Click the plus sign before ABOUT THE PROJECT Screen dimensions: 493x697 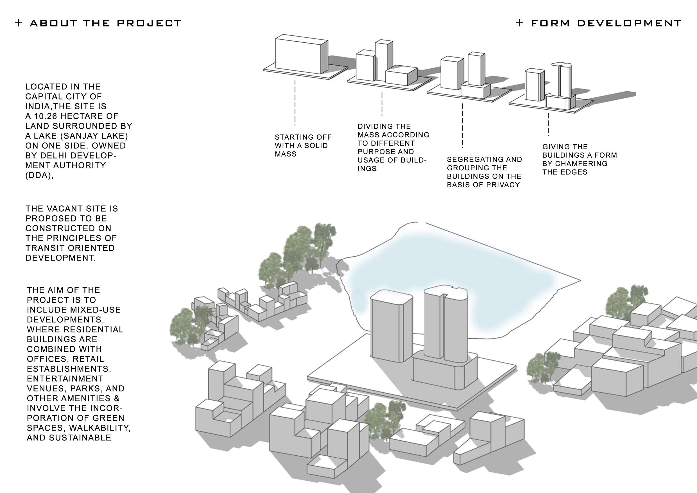pyautogui.click(x=19, y=23)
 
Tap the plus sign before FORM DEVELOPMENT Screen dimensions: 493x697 pyautogui.click(x=519, y=23)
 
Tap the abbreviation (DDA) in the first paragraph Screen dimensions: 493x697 pyautogui.click(x=39, y=175)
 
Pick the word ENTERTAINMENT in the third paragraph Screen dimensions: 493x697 pyautogui.click(x=65, y=379)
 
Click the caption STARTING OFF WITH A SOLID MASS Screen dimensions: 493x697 pyautogui.click(x=303, y=146)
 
